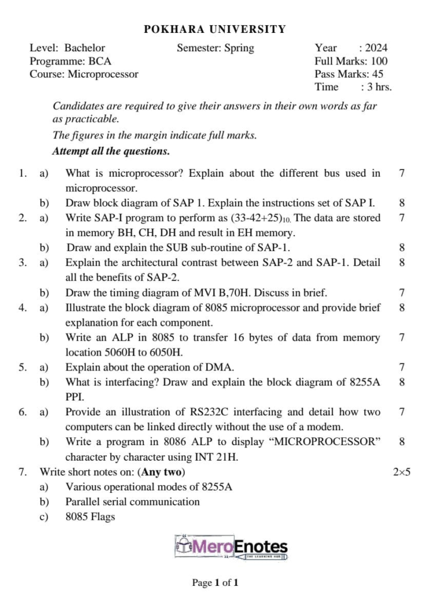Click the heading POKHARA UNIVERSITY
coord(215,29)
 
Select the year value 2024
coord(376,48)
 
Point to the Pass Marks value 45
coord(377,74)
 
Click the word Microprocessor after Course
coord(103,74)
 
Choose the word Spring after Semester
coord(239,48)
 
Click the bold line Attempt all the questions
coord(111,151)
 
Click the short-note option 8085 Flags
coord(90,517)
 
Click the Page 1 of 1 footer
coord(215,582)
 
